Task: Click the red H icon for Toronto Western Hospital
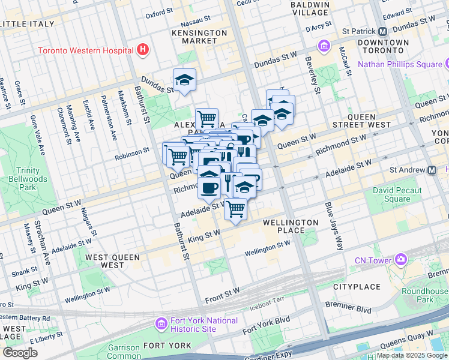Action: click(143, 49)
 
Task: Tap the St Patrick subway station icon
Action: click(382, 31)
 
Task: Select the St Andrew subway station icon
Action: click(432, 170)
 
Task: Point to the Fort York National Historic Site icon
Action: click(161, 325)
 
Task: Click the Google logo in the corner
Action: click(20, 352)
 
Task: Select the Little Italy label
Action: click(28, 24)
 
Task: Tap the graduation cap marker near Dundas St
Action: click(184, 80)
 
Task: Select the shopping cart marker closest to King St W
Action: click(236, 209)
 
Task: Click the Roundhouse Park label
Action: click(433, 295)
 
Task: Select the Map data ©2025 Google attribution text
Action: click(412, 355)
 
